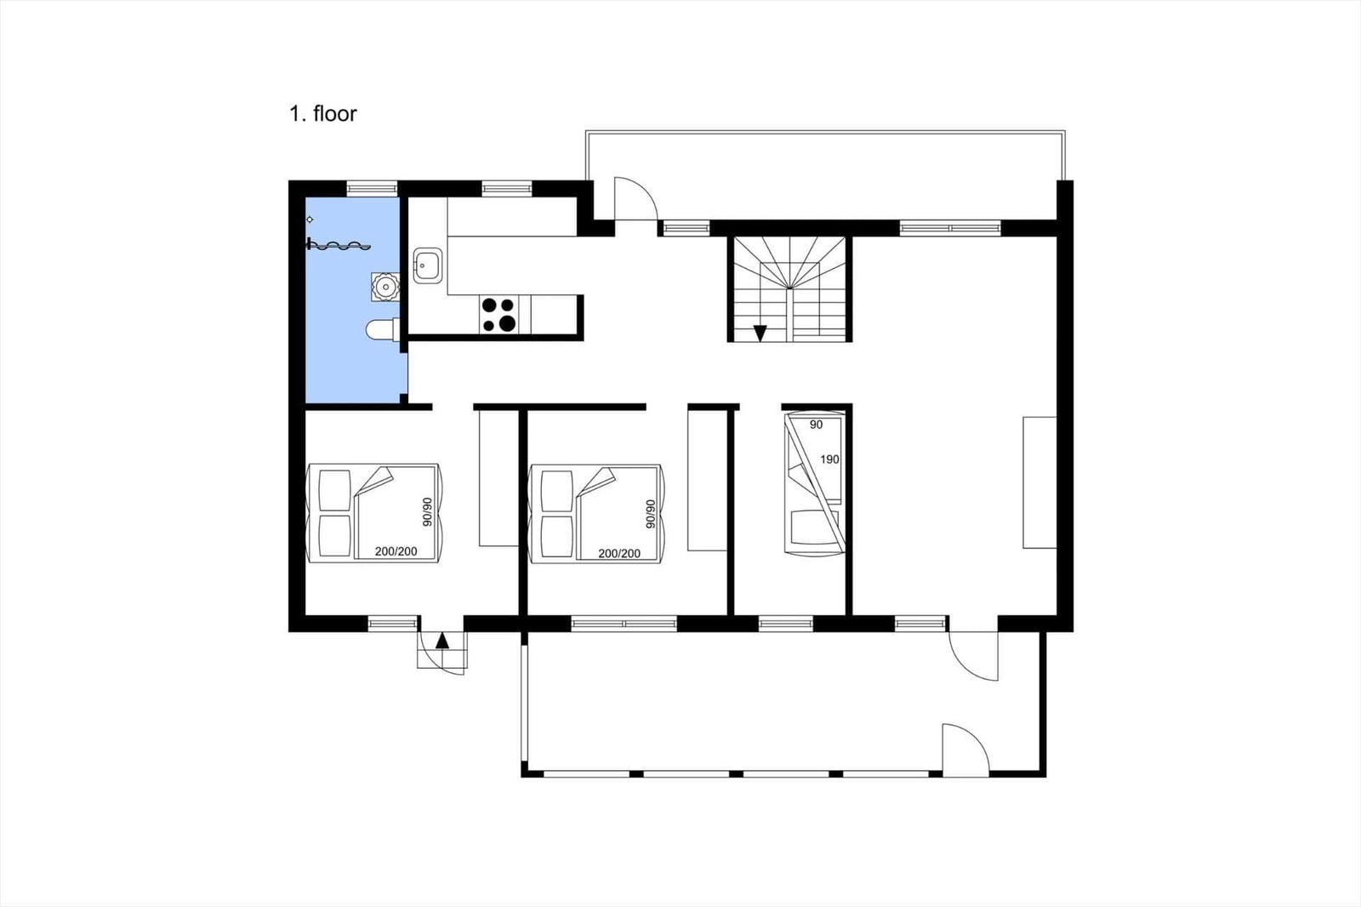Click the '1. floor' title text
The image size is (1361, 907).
(322, 114)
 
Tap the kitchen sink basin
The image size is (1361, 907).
(428, 265)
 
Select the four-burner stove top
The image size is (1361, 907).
(498, 314)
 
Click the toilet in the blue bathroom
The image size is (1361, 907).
(382, 330)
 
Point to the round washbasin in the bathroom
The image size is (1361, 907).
(384, 287)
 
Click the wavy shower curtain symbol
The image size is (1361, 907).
(339, 246)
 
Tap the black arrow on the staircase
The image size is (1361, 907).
(760, 334)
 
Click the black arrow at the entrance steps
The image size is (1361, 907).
(442, 641)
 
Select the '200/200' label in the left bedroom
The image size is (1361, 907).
(396, 551)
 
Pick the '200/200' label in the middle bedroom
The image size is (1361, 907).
(619, 553)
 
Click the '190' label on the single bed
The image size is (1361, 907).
(829, 459)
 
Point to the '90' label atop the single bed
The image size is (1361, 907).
(816, 425)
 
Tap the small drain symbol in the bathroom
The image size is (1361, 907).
(310, 220)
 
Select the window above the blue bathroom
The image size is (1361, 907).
(372, 188)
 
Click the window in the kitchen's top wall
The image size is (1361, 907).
(507, 188)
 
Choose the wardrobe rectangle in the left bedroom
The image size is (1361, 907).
(498, 478)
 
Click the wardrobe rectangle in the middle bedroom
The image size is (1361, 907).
(707, 481)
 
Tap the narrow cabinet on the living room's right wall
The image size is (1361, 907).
(1039, 482)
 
